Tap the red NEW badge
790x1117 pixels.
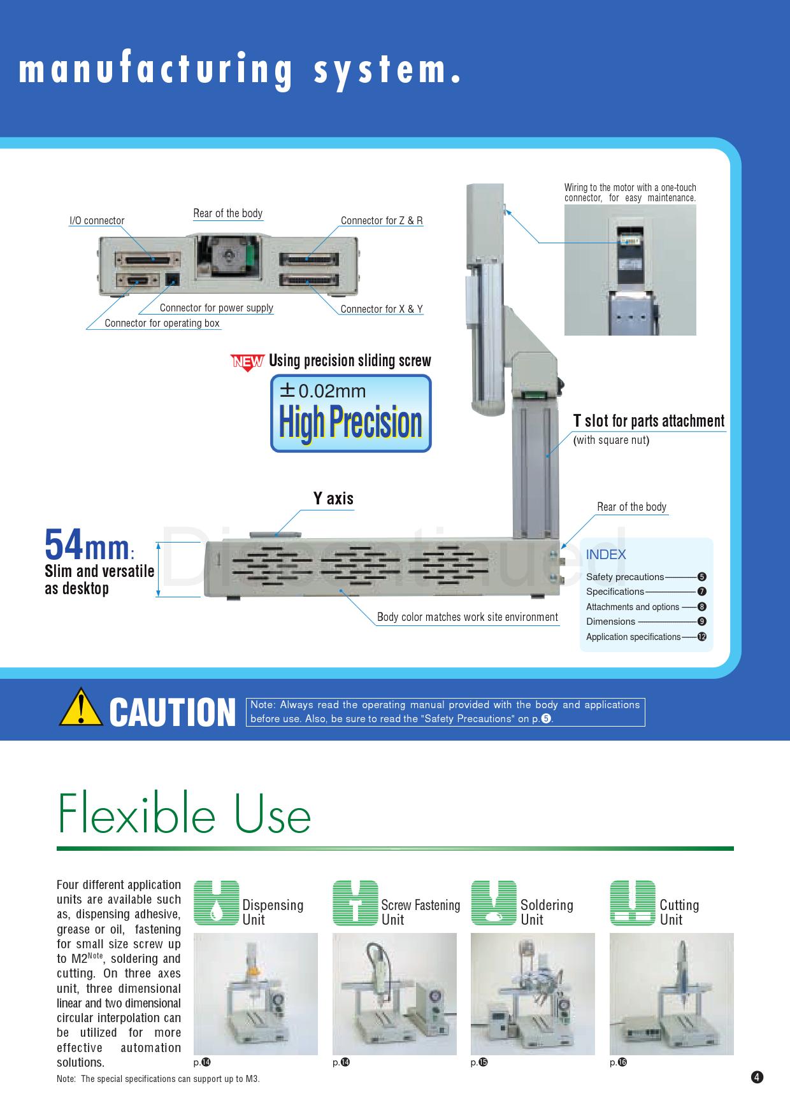[x=247, y=362]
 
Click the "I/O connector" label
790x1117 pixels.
[x=97, y=221]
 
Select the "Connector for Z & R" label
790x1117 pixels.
[x=382, y=220]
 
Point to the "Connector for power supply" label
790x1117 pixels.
[x=217, y=308]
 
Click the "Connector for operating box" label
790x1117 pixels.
[x=162, y=323]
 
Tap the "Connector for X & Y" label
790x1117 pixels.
[x=382, y=309]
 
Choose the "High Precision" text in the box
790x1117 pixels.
[x=351, y=422]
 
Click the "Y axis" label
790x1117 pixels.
[x=333, y=498]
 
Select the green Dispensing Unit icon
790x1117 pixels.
[x=217, y=903]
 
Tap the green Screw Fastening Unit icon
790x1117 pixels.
[x=355, y=903]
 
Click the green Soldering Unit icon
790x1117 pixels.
[x=494, y=903]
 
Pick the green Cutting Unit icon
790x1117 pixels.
[x=633, y=903]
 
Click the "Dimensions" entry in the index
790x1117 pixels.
[x=610, y=622]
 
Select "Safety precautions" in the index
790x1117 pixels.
[x=625, y=577]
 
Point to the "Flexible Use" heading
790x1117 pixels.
[x=184, y=813]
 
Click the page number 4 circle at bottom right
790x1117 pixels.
[x=757, y=1078]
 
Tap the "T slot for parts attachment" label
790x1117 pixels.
[x=649, y=421]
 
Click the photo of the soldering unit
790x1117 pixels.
[x=533, y=994]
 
